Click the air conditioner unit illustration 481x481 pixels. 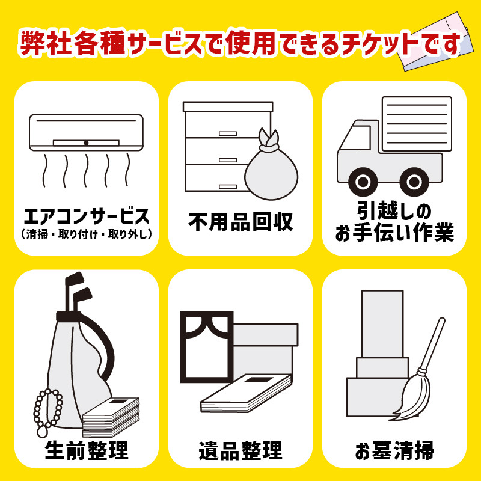pyautogui.click(x=86, y=132)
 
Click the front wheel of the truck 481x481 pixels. pyautogui.click(x=363, y=182)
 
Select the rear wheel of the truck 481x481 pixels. pyautogui.click(x=414, y=182)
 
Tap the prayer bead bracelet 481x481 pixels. pyautogui.click(x=47, y=412)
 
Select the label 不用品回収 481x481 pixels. pyautogui.click(x=240, y=222)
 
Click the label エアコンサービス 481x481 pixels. pyautogui.click(x=87, y=216)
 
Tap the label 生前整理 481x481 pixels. pyautogui.click(x=87, y=450)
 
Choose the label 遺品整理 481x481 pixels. pyautogui.click(x=240, y=450)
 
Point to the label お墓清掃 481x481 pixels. pyautogui.click(x=394, y=450)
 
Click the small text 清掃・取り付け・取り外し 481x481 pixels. pyautogui.click(x=87, y=234)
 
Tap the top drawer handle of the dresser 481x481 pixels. pyautogui.click(x=228, y=133)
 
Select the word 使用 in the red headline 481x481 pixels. pyautogui.click(x=251, y=42)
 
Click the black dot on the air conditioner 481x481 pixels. pyautogui.click(x=86, y=143)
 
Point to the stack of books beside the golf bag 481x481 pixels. pyautogui.click(x=111, y=417)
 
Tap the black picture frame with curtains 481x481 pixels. pyautogui.click(x=207, y=347)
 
